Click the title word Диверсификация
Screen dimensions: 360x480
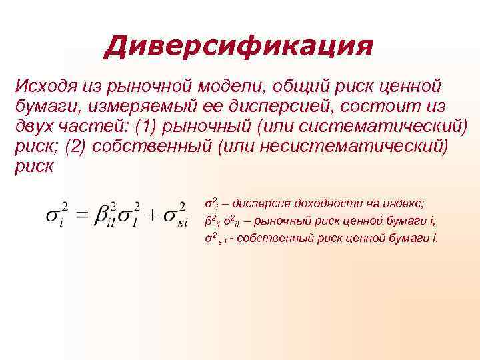tap(239, 47)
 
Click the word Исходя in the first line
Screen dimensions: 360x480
tap(44, 86)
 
